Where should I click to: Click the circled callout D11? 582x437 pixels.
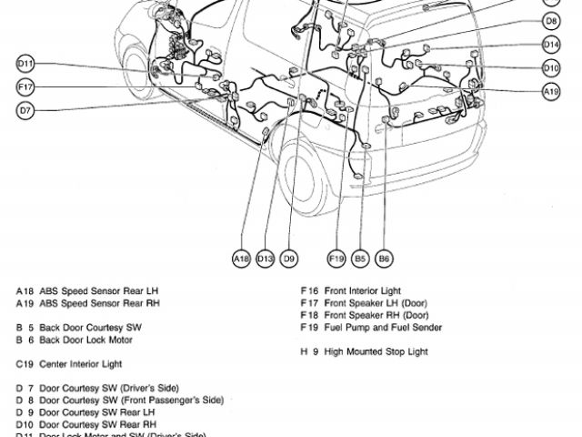click(25, 64)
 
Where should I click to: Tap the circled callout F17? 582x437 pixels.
click(25, 86)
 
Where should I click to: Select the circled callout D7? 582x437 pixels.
click(25, 110)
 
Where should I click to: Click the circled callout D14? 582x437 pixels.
click(552, 44)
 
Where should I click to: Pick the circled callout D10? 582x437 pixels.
click(552, 67)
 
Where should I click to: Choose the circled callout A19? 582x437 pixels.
click(552, 91)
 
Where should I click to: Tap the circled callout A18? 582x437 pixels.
click(241, 259)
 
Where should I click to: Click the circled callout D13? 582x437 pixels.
click(265, 259)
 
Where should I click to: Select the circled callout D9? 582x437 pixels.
click(288, 259)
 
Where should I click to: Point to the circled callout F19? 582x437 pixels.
click(336, 259)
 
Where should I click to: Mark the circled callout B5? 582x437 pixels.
click(360, 259)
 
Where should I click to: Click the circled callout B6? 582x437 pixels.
click(384, 259)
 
